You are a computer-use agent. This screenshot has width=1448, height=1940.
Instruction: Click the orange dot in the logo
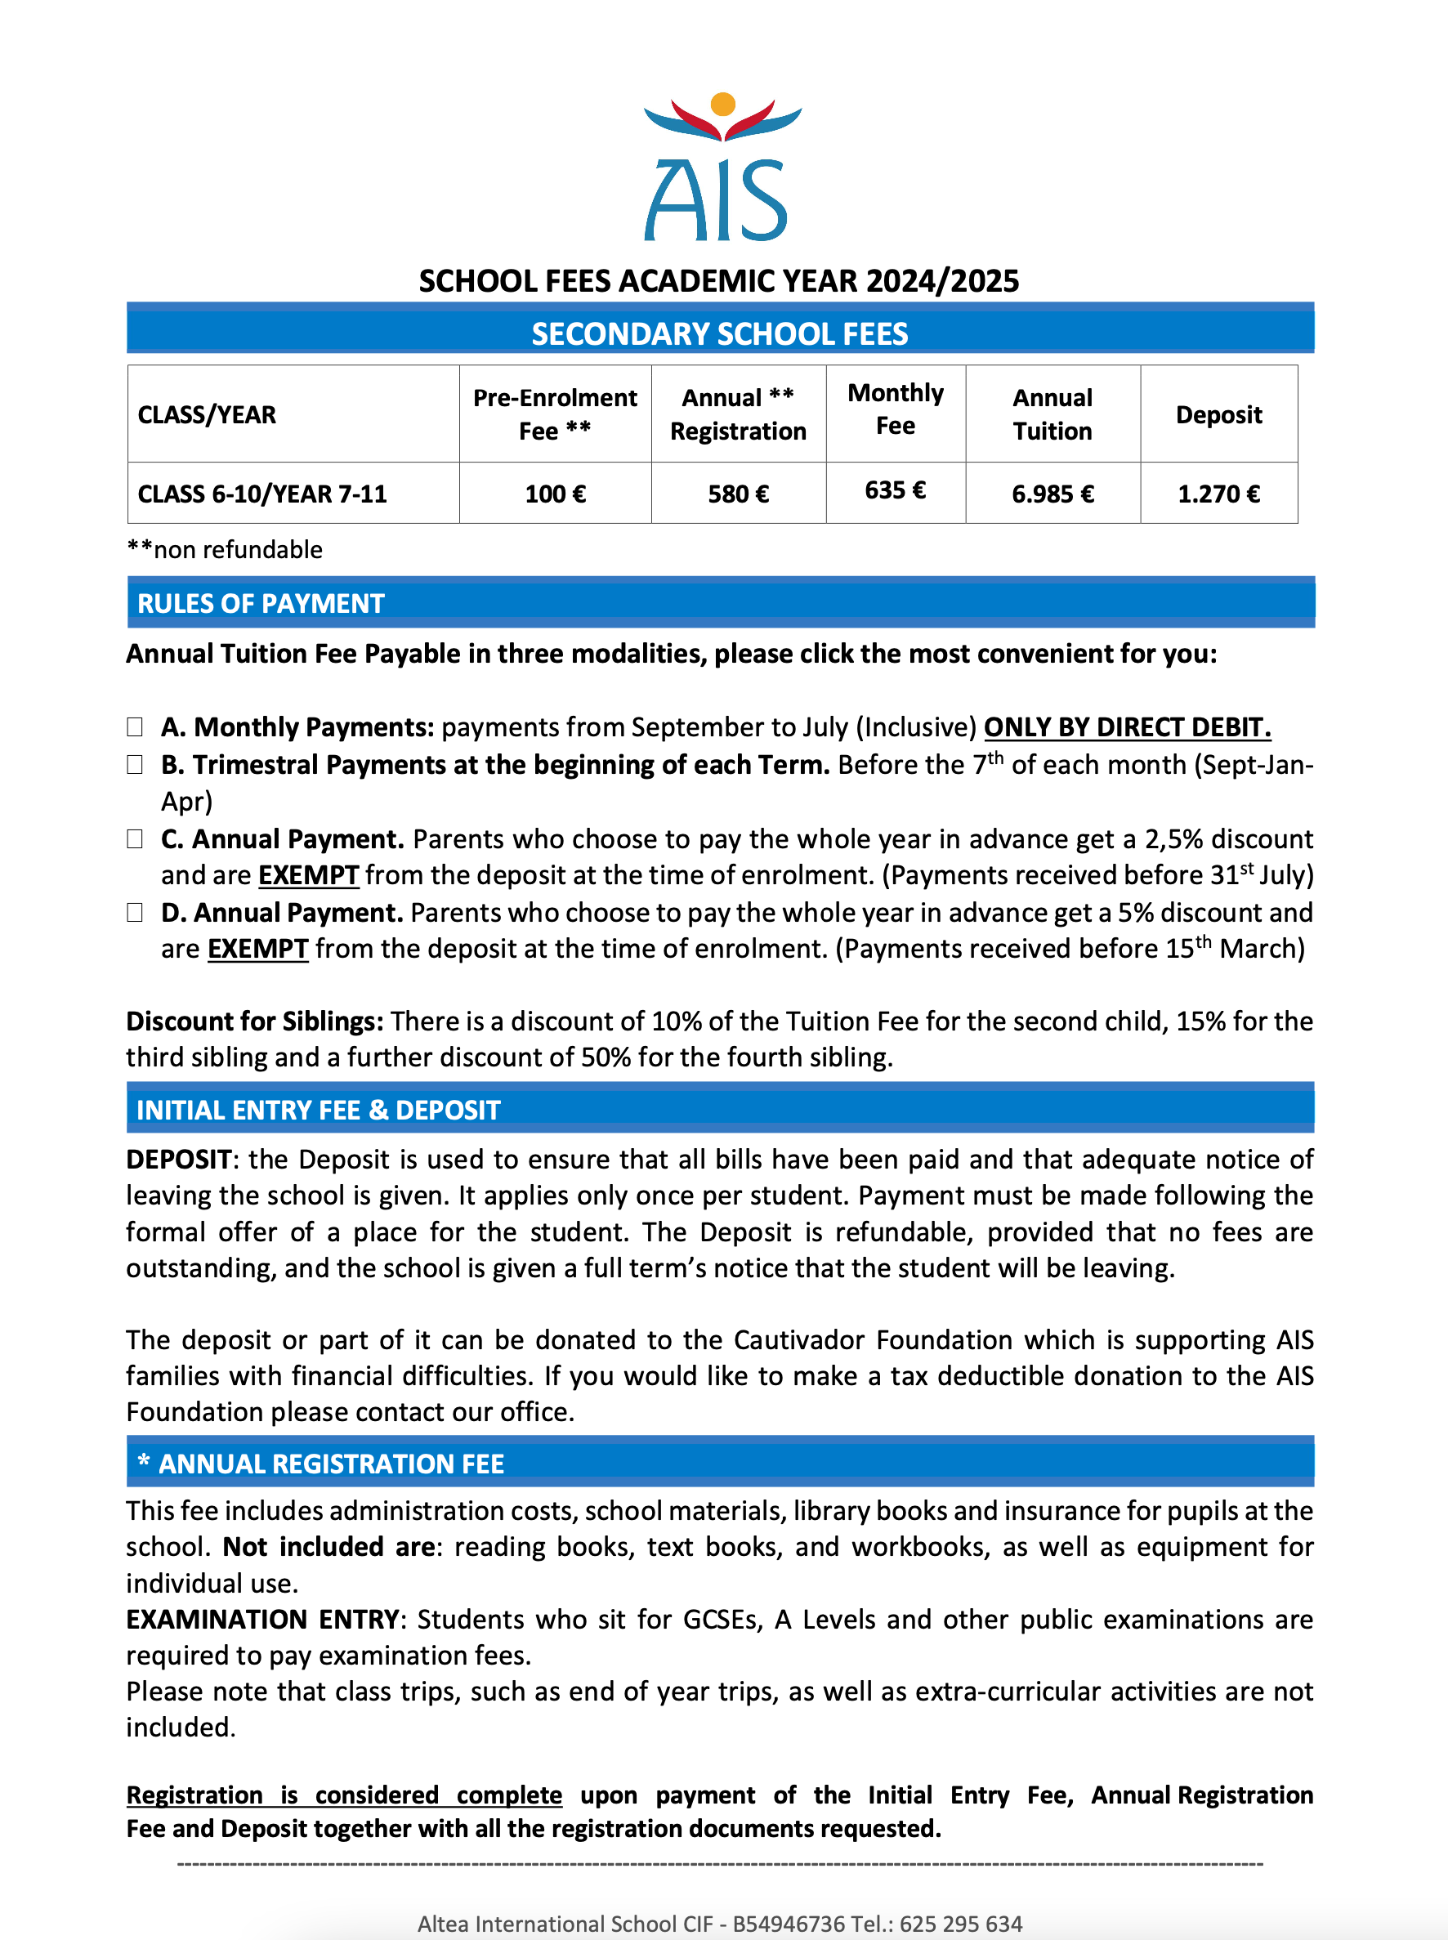coord(722,104)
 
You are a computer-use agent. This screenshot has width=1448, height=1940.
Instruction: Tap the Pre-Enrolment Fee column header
coord(555,413)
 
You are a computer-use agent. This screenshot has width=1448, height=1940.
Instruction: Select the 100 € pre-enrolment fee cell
coord(555,494)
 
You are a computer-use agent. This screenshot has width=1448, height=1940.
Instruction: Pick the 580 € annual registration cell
coord(738,494)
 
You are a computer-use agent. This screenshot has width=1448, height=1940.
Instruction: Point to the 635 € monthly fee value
coord(895,490)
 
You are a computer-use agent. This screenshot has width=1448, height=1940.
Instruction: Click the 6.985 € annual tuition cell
coord(1052,494)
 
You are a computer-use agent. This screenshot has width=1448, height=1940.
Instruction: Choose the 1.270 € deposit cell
coord(1218,494)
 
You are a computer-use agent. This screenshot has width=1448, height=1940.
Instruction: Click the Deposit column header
coord(1218,414)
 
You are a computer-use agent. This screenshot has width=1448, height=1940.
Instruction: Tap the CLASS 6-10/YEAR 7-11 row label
coord(262,494)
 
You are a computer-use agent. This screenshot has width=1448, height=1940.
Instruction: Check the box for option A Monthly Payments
coord(135,726)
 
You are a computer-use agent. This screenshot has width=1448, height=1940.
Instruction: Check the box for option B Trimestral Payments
coord(135,764)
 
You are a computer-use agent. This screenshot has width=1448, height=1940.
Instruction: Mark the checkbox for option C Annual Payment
coord(135,839)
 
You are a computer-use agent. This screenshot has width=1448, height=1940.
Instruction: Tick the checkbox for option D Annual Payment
coord(135,913)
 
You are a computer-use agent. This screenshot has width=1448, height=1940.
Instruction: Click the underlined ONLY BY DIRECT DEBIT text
coord(1126,726)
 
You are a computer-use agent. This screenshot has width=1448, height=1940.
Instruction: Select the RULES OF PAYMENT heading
coord(261,603)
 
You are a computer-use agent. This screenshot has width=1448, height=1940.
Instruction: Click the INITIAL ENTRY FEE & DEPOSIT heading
coord(318,1110)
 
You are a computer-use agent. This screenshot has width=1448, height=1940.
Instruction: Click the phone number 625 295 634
coord(961,1924)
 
